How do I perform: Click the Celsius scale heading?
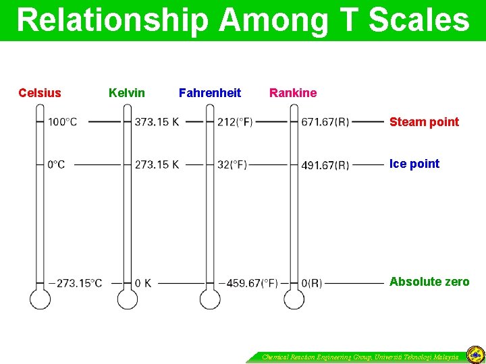40,93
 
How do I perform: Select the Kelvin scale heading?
127,93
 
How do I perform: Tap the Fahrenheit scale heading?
210,93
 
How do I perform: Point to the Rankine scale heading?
293,93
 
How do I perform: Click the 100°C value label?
62,122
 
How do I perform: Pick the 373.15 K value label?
157,122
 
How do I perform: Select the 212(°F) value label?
235,122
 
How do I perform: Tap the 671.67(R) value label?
325,122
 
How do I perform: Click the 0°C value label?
56,164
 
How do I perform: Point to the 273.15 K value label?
157,164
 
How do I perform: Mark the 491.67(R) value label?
325,164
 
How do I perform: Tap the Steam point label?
424,122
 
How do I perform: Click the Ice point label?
414,164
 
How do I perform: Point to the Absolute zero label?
429,282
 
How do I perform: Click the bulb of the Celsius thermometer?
40,299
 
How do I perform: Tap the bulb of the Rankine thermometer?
294,299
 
